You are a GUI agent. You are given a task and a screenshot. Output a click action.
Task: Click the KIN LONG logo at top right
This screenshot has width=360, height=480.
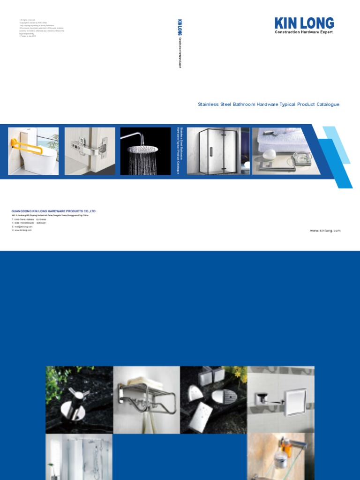tap(304, 23)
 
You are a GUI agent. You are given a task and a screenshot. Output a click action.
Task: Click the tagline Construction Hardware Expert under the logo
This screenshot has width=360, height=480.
tap(304, 32)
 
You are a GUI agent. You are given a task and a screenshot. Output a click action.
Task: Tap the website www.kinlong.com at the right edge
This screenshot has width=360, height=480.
tap(325, 231)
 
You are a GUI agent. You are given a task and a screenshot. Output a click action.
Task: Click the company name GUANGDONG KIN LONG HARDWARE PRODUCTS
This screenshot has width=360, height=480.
tap(53, 211)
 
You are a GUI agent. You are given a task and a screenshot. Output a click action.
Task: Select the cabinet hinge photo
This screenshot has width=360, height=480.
tap(90, 151)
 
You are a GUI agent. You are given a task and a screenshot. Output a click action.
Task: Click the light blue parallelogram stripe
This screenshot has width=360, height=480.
tap(337, 143)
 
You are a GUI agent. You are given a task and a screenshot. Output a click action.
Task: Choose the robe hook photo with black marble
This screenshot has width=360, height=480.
tap(79, 399)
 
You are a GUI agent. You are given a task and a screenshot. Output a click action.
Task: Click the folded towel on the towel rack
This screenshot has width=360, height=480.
tap(146, 381)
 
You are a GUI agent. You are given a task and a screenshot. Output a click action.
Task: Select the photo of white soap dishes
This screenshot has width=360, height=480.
tap(213, 399)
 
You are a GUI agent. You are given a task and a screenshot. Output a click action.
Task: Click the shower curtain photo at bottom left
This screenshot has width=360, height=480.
tap(79, 457)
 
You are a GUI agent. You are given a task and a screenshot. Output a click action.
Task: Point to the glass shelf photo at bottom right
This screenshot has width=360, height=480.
tap(281, 457)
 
